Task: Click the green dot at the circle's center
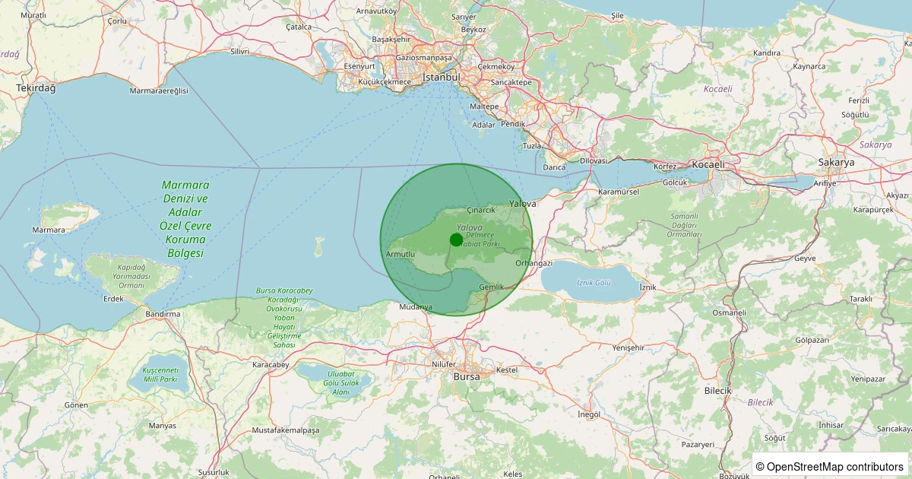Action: coord(456,239)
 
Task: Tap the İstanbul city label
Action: coord(442,78)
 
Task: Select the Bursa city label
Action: coord(467,376)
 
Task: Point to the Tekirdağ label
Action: coord(36,88)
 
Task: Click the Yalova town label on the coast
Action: coord(523,204)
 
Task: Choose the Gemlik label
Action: coord(492,287)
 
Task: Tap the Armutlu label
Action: coord(401,253)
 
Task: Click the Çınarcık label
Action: coord(481,209)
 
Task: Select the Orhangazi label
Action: coord(534,263)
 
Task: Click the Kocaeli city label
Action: coord(708,164)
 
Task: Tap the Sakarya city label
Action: coord(836,163)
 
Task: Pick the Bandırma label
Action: coord(163,314)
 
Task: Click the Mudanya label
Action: coord(416,307)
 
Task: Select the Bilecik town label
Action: coord(717,390)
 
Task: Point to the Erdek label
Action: coord(113,299)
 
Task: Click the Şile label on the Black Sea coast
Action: coord(617,15)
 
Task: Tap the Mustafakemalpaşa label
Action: coord(286,430)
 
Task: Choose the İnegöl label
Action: coord(589,414)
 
